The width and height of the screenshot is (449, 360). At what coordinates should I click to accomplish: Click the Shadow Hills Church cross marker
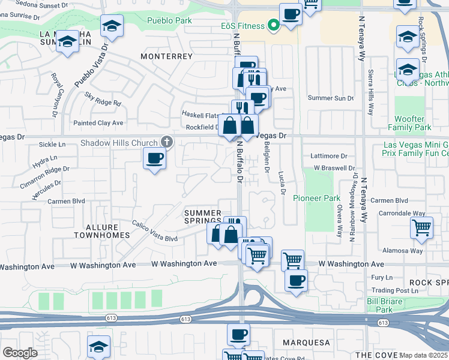pyautogui.click(x=167, y=142)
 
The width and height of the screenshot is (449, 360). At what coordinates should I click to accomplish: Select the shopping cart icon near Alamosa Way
pyautogui.click(x=422, y=228)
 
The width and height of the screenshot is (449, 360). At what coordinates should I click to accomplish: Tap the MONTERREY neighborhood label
pyautogui.click(x=166, y=56)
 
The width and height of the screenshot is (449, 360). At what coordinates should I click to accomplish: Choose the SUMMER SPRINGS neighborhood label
pyautogui.click(x=203, y=217)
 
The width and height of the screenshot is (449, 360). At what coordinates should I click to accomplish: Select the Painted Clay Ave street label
pyautogui.click(x=98, y=123)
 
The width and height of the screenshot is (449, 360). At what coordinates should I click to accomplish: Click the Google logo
pyautogui.click(x=20, y=353)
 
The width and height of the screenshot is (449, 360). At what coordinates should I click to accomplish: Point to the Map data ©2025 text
pyautogui.click(x=423, y=355)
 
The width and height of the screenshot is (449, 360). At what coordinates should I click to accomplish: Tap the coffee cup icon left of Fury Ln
pyautogui.click(x=295, y=281)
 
